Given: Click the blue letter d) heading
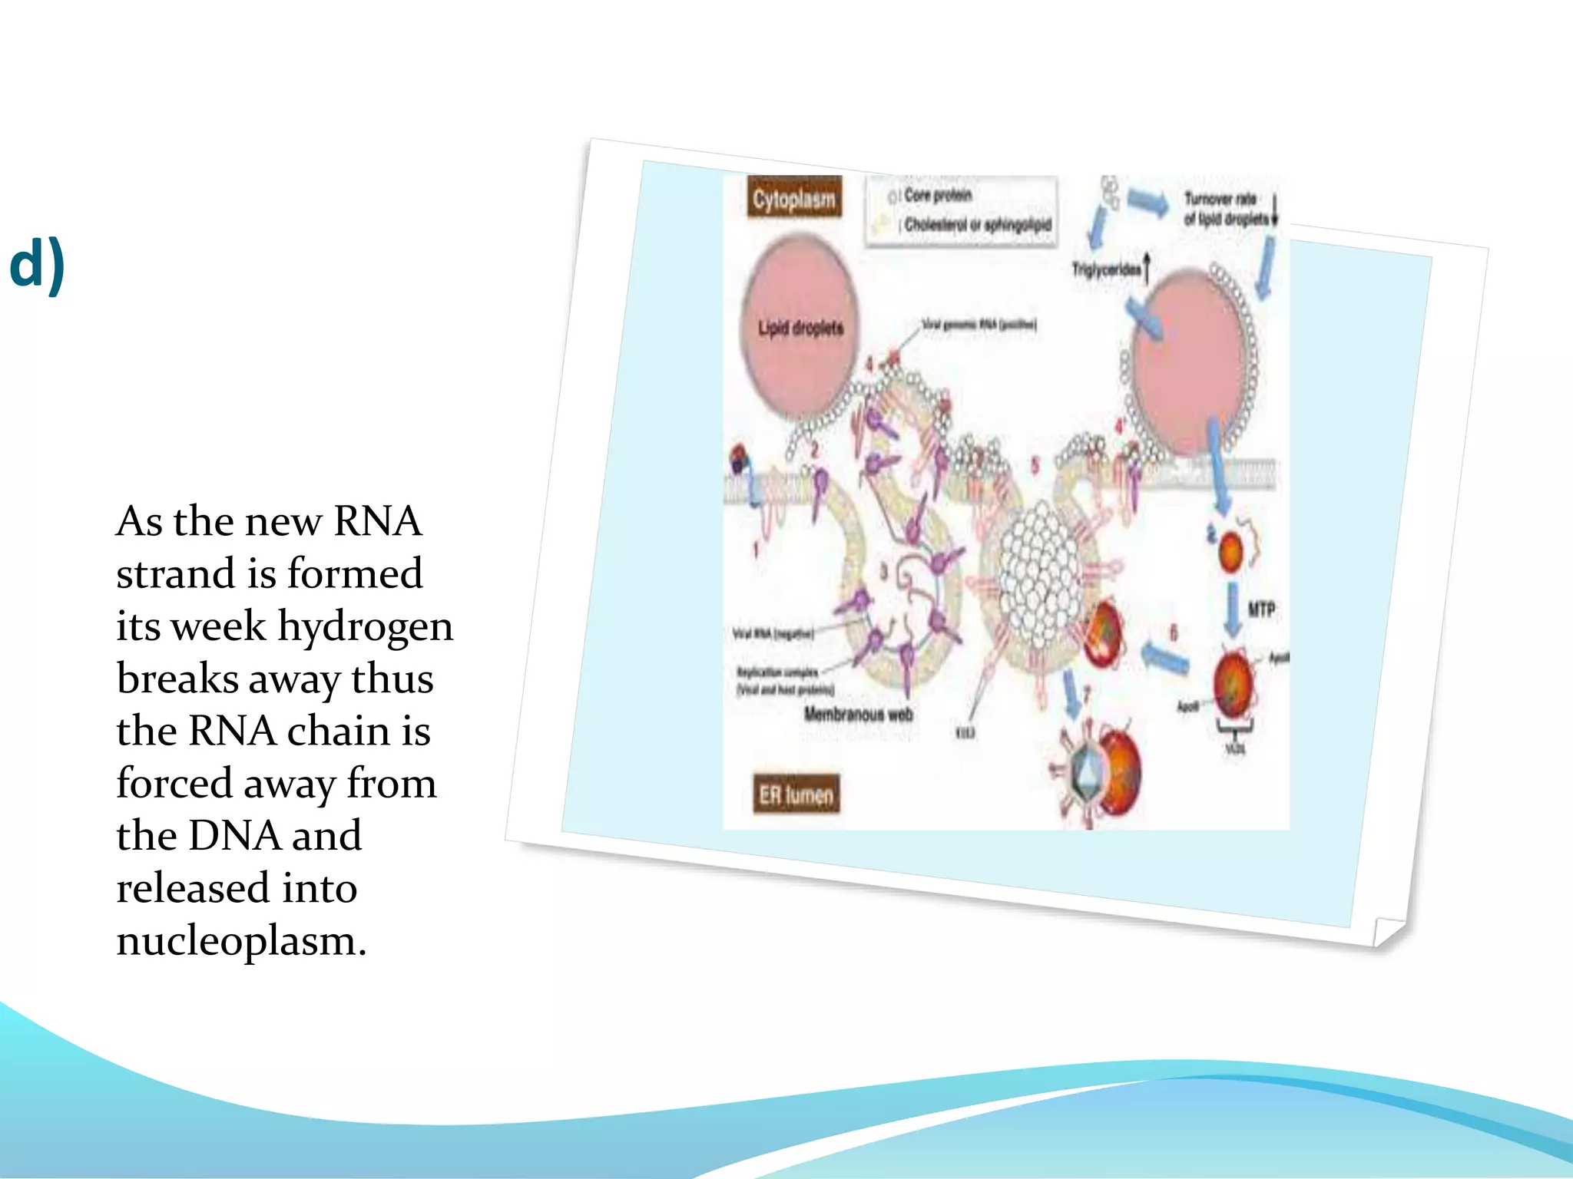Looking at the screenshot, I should (37, 264).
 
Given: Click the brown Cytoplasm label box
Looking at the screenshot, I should (793, 199).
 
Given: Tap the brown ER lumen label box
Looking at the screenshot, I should (796, 794).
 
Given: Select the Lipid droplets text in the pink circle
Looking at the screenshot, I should (800, 329).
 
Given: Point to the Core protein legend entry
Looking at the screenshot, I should (937, 196).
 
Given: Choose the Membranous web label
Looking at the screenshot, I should (858, 715).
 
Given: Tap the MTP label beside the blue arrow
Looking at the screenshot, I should (1261, 609).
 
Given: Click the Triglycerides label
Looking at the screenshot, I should (1106, 269).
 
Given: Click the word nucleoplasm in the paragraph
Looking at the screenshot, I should (240, 940).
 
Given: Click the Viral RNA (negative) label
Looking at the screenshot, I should (773, 634).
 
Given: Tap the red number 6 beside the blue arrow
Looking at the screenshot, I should (1173, 632).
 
